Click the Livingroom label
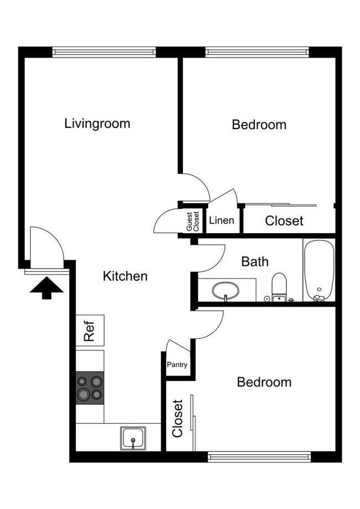[x=97, y=123]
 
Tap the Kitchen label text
[x=125, y=276]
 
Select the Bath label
[x=255, y=261]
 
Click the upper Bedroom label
[x=259, y=125]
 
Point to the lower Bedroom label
[x=264, y=382]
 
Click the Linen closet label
[x=222, y=220]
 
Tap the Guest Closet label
[x=192, y=221]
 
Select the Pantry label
[x=177, y=365]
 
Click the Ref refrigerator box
[x=90, y=331]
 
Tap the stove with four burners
[x=90, y=387]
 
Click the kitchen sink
[x=133, y=438]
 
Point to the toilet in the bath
[x=279, y=286]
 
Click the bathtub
[x=318, y=270]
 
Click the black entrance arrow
[x=47, y=287]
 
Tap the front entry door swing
[x=45, y=247]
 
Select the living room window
[x=105, y=52]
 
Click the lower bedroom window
[x=259, y=457]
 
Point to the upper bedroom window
[x=257, y=52]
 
